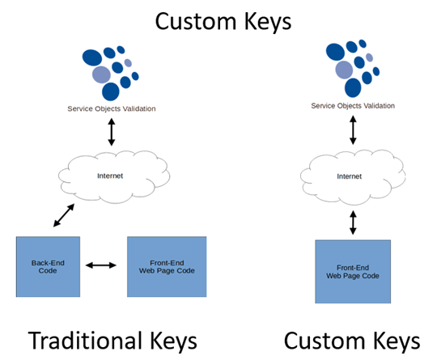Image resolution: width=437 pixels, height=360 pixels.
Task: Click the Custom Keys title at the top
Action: pos(223,22)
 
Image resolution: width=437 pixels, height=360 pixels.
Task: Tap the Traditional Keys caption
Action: pos(112,341)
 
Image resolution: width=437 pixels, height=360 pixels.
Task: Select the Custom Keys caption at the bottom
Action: pos(352,341)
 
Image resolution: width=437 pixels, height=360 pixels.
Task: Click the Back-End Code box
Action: pos(48,267)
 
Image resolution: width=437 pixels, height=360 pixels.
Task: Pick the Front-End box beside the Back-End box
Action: pos(167,267)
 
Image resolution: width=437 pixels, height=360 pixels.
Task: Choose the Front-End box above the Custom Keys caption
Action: pos(353,271)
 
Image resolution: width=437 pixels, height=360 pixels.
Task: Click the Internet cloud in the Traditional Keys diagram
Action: pos(114,176)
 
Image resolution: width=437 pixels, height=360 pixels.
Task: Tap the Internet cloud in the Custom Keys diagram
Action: pos(353,177)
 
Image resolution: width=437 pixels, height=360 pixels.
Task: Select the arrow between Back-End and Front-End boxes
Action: pos(101,265)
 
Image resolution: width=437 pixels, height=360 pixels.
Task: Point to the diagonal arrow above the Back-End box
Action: pos(64,215)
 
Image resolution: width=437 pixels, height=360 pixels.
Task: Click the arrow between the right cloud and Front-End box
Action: pos(353,222)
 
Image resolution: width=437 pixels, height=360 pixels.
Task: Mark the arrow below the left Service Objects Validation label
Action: pos(112,132)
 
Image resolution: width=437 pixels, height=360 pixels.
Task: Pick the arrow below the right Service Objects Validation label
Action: pos(353,130)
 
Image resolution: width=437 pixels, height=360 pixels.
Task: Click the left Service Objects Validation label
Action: pos(112,108)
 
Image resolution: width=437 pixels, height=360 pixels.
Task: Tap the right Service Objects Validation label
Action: pos(353,106)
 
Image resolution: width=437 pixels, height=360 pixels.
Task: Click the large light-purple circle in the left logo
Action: pos(101,74)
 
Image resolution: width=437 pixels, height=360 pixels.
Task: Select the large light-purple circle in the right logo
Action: pos(344,70)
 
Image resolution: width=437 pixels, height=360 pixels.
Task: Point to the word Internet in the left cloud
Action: pos(110,176)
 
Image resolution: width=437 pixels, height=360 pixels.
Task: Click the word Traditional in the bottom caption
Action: pos(83,340)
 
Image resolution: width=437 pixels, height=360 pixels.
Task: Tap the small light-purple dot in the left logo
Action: pos(128,63)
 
